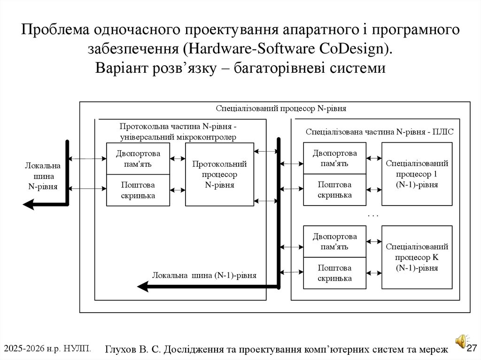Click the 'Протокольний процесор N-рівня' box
(219, 174)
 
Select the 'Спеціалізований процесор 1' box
(417, 174)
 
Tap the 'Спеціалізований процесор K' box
(417, 257)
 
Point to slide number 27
(472, 348)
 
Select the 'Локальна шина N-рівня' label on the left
(43, 176)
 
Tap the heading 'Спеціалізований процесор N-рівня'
(281, 108)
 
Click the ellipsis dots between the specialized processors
(372, 215)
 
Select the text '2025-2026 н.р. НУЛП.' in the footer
(47, 348)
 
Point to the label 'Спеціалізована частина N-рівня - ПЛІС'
(380, 132)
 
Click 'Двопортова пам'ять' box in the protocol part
(138, 159)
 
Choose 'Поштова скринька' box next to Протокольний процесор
(138, 190)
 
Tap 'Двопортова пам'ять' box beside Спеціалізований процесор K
(334, 241)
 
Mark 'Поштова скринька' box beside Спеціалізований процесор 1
(334, 190)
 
